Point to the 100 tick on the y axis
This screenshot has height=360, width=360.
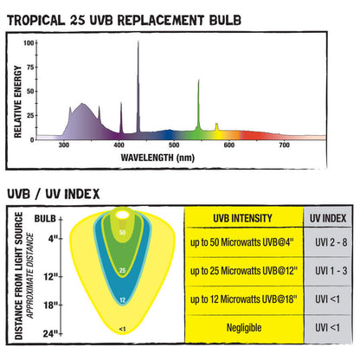(x=29, y=42)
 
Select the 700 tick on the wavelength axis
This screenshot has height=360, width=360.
(x=285, y=146)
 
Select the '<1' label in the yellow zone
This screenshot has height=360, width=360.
(x=122, y=329)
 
